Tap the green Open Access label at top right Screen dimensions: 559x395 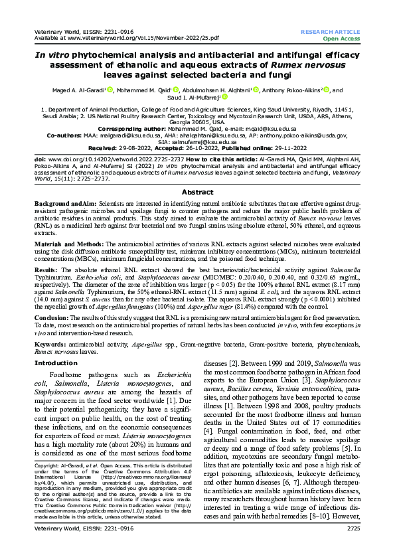(341, 39)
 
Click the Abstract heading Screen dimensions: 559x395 (197, 191)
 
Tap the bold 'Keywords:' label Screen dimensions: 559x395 (51, 347)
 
